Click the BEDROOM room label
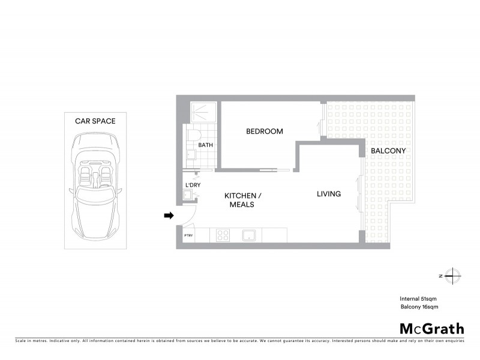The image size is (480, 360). point(264,131)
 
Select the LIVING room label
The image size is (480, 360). point(329,194)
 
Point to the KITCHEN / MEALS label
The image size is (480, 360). point(242,200)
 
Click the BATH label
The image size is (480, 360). point(206,145)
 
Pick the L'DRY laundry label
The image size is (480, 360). point(193,184)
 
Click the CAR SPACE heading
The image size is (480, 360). point(95,121)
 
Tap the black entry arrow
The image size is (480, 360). point(169,215)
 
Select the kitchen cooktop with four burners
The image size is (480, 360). point(222,235)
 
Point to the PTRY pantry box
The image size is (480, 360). point(188,235)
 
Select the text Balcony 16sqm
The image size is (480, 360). point(419,307)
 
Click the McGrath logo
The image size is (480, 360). point(432,328)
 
